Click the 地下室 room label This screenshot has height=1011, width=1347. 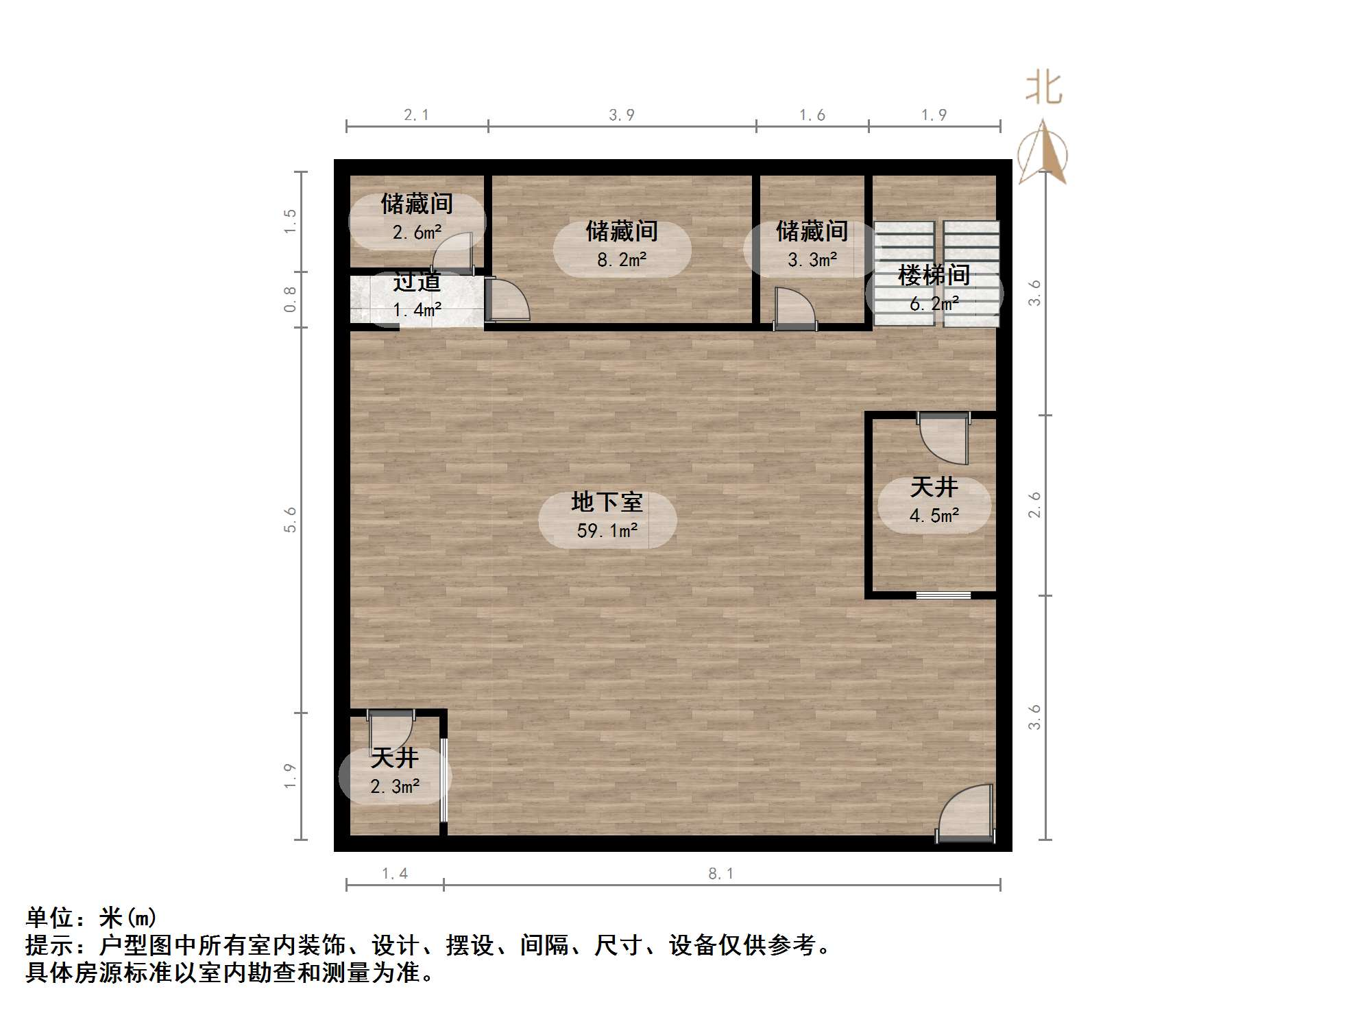(607, 502)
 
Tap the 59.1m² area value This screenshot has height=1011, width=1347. (607, 530)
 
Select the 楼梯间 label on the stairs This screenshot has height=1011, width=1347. (934, 275)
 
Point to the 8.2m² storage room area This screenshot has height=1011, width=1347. (621, 260)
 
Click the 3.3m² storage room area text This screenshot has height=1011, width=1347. (812, 260)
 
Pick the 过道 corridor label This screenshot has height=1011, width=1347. (417, 282)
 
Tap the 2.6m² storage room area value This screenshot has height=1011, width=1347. (417, 233)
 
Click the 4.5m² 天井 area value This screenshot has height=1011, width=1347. (934, 515)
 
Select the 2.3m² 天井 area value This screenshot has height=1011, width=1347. (395, 786)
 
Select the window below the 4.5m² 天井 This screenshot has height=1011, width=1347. (943, 595)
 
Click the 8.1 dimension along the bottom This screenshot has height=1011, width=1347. (720, 873)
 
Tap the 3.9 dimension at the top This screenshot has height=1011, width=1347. (621, 115)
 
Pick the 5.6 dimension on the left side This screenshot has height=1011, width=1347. (290, 519)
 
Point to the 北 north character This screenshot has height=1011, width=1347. (1043, 89)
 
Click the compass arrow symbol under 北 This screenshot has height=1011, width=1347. (1043, 152)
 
